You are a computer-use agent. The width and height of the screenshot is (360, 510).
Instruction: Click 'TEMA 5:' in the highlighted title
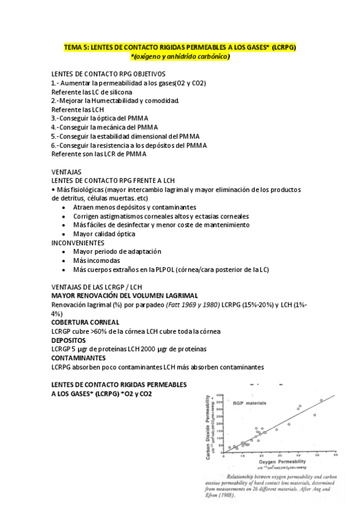(77, 47)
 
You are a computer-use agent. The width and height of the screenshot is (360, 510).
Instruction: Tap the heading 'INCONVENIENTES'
(78, 242)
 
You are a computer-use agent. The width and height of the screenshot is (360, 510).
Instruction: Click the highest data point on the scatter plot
(321, 400)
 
